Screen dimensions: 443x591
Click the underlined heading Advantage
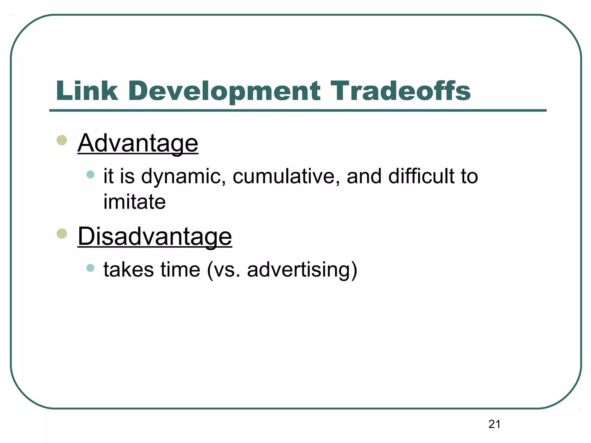pos(138,143)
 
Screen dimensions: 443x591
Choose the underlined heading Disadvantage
pos(155,236)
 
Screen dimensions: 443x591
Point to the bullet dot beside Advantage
pos(62,140)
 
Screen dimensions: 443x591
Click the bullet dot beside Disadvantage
pos(62,233)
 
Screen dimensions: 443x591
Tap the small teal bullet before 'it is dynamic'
pos(90,174)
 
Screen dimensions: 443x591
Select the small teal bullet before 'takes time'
pos(90,268)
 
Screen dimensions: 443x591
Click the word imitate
pos(134,202)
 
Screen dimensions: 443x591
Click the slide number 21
pos(495,424)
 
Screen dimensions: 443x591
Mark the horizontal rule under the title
pos(298,110)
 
